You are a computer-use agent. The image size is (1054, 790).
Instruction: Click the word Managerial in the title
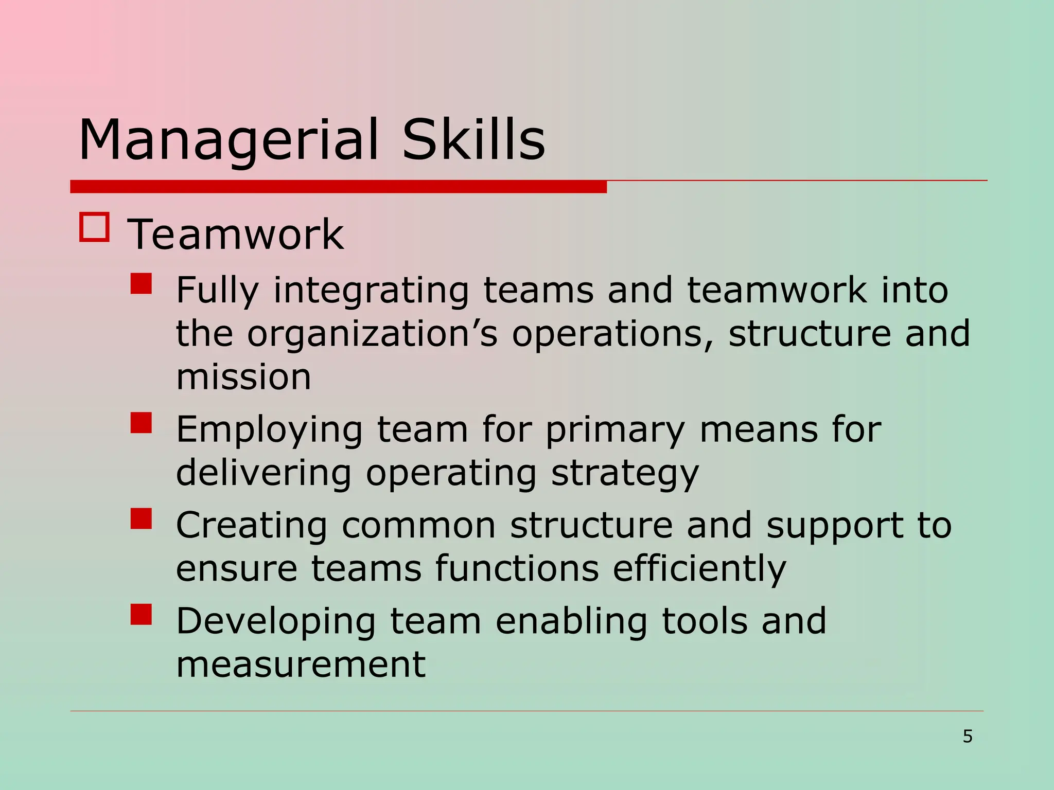click(x=229, y=140)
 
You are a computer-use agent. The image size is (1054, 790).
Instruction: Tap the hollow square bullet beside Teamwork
click(x=95, y=227)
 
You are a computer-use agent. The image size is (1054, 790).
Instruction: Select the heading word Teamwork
click(x=235, y=235)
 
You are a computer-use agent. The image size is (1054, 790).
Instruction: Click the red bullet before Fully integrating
click(x=141, y=283)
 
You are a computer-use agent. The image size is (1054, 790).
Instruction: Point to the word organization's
click(x=372, y=334)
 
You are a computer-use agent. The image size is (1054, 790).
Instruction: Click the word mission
click(x=243, y=377)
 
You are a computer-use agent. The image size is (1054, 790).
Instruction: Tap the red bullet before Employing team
click(x=141, y=422)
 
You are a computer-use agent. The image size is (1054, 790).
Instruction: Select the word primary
click(x=615, y=430)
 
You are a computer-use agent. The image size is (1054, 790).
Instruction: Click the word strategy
click(x=625, y=473)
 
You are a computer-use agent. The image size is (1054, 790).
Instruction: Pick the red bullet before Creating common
click(x=141, y=518)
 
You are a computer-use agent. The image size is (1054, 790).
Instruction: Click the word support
click(x=834, y=526)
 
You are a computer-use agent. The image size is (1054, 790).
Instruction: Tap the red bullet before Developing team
click(x=141, y=614)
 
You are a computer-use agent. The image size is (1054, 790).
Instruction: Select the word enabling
click(x=571, y=621)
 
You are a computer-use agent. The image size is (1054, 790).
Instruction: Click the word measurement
click(x=301, y=664)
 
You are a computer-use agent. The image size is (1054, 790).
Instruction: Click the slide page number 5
click(x=968, y=737)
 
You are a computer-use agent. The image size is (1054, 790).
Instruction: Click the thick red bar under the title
click(x=338, y=187)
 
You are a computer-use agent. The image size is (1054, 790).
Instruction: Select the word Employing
click(x=269, y=430)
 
